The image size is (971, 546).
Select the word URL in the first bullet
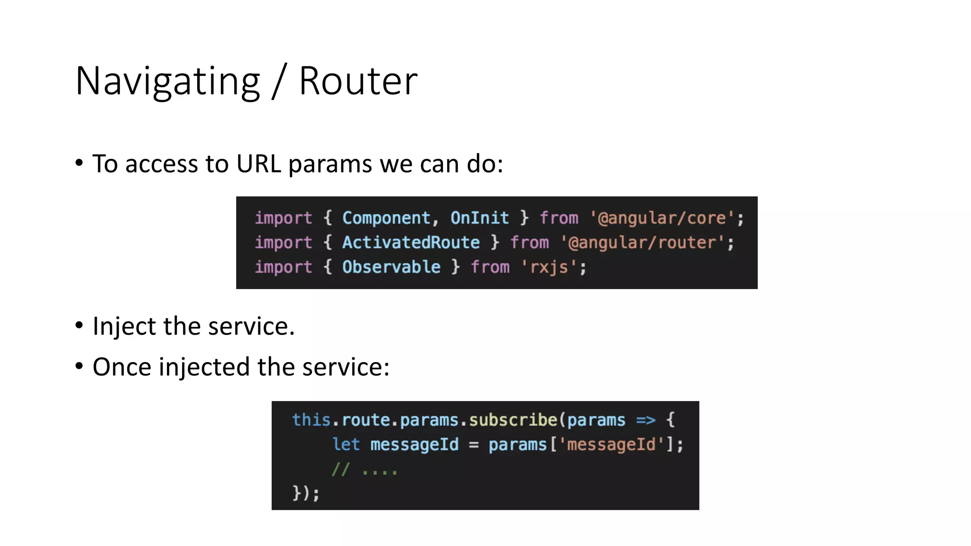[x=258, y=164]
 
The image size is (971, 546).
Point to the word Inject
[x=124, y=327]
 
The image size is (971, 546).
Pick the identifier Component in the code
[x=386, y=218]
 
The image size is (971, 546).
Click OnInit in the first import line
[x=479, y=218]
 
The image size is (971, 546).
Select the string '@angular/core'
[x=662, y=218]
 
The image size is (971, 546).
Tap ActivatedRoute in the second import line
[x=411, y=243]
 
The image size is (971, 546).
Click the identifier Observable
[x=391, y=267]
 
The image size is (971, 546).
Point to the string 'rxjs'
[x=549, y=267]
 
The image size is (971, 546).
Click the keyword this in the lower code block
[x=311, y=420]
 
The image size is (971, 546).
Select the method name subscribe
[x=513, y=420]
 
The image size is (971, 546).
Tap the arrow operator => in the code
[x=645, y=420]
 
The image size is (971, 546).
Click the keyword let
[x=346, y=445]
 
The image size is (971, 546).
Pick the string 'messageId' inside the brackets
[x=611, y=445]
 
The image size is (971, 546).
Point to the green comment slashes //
[x=340, y=470]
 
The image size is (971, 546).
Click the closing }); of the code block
[x=306, y=493]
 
